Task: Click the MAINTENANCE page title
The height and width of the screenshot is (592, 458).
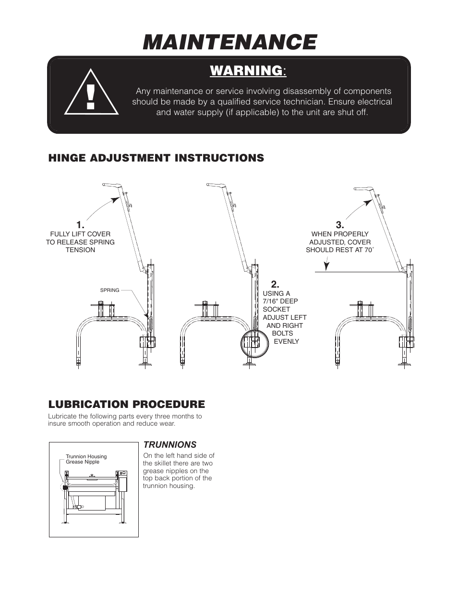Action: coord(229,42)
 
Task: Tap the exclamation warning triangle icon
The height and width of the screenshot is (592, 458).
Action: coord(92,93)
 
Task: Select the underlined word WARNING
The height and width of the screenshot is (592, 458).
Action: coord(246,70)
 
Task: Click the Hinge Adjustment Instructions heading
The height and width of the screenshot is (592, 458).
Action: coord(156,158)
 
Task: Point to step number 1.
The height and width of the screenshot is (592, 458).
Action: coord(80,225)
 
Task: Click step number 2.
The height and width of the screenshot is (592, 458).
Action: coord(275,284)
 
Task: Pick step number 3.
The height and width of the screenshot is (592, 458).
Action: coord(340,225)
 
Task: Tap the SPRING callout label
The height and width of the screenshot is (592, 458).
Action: coord(109,290)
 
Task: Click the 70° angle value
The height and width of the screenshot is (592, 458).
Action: coord(368,250)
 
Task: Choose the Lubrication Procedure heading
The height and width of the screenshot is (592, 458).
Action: coord(126,404)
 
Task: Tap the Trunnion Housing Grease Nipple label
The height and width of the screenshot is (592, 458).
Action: coord(86,459)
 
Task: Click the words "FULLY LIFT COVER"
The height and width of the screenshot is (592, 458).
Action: coord(80,234)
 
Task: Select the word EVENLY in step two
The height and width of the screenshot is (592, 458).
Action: coord(286,341)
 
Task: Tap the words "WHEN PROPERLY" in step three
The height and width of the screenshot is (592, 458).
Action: coord(340,234)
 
